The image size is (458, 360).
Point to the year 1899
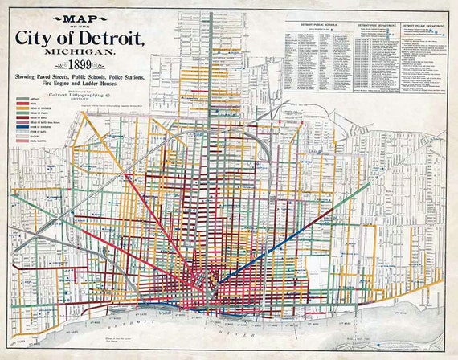79,64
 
